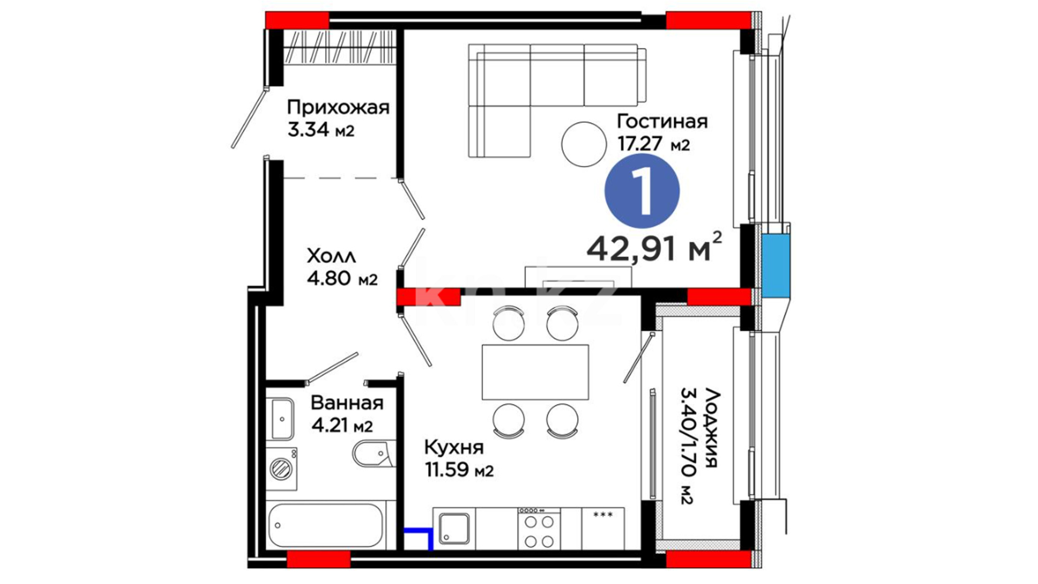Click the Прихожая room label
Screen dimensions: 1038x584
click(x=338, y=118)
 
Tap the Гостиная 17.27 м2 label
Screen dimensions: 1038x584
click(x=662, y=132)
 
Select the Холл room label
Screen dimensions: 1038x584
click(x=342, y=267)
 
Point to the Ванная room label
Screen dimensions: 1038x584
click(x=347, y=414)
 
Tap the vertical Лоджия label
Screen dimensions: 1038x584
click(x=698, y=446)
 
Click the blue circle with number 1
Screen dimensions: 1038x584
click(x=642, y=190)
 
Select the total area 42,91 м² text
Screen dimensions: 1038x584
click(x=654, y=248)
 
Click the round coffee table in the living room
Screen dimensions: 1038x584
click(x=584, y=144)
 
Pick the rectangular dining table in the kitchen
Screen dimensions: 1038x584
click(x=535, y=372)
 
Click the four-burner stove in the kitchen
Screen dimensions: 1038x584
click(x=539, y=528)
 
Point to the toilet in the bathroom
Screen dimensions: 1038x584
click(x=372, y=455)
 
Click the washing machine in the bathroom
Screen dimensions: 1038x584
click(x=281, y=468)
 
